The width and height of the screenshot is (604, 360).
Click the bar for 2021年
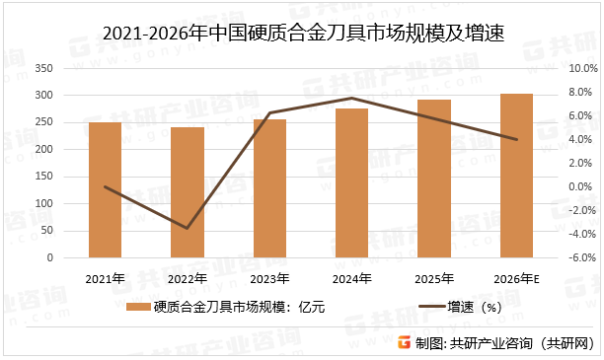[105, 189]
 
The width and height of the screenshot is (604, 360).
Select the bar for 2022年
[187, 192]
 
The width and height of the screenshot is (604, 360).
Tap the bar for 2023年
[269, 188]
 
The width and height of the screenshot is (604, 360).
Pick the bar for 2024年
[351, 183]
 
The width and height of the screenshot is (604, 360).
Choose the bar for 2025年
[434, 179]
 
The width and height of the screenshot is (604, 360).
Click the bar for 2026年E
[516, 176]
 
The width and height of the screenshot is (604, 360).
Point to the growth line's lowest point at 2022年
[187, 229]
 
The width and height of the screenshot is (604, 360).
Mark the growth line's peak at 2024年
[351, 98]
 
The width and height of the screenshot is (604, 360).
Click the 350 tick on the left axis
[70, 68]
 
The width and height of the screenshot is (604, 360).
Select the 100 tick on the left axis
[70, 204]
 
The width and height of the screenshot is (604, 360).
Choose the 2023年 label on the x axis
[269, 279]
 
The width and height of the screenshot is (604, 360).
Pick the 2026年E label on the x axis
[516, 279]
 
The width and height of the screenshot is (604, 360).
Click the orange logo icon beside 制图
[404, 342]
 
